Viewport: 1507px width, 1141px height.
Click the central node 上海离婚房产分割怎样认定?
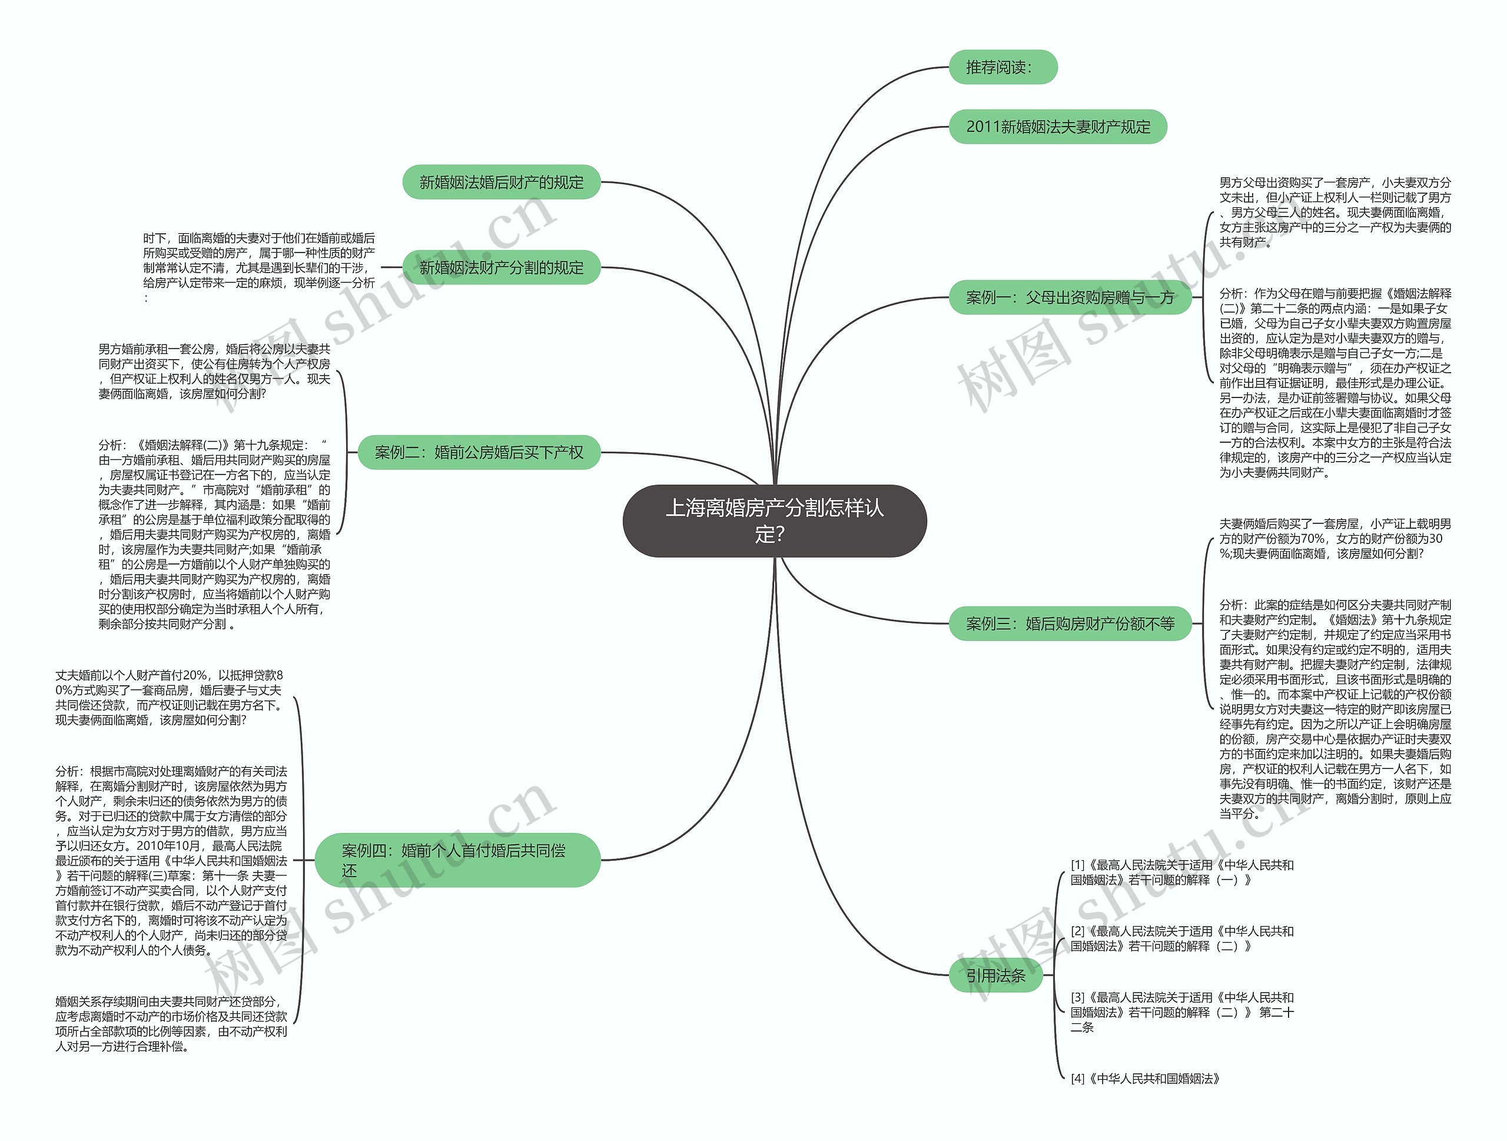point(774,520)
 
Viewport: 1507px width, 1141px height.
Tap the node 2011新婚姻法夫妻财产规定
point(1057,127)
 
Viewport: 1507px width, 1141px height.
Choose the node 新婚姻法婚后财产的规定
point(502,182)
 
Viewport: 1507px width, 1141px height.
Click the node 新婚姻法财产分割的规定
point(502,268)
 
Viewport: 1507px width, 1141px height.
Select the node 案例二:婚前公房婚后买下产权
point(479,452)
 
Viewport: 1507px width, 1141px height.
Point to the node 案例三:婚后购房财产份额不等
point(1070,623)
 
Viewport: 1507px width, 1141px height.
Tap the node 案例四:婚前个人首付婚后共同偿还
point(457,860)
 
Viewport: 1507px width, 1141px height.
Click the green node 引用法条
point(996,976)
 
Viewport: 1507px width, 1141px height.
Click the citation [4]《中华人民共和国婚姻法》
point(1144,1079)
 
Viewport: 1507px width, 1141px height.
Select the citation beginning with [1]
point(1182,873)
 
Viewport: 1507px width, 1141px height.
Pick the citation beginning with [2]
point(1182,938)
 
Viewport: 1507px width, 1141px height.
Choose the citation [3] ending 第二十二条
point(1182,1012)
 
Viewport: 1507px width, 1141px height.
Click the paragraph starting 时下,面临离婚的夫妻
point(259,268)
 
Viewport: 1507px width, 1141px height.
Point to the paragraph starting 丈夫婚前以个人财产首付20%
point(170,698)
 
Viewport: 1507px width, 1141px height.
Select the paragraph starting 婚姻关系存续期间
point(171,1024)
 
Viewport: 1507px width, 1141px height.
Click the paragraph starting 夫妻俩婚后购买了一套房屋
point(1335,539)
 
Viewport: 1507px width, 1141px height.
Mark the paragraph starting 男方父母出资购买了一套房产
point(1335,213)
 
